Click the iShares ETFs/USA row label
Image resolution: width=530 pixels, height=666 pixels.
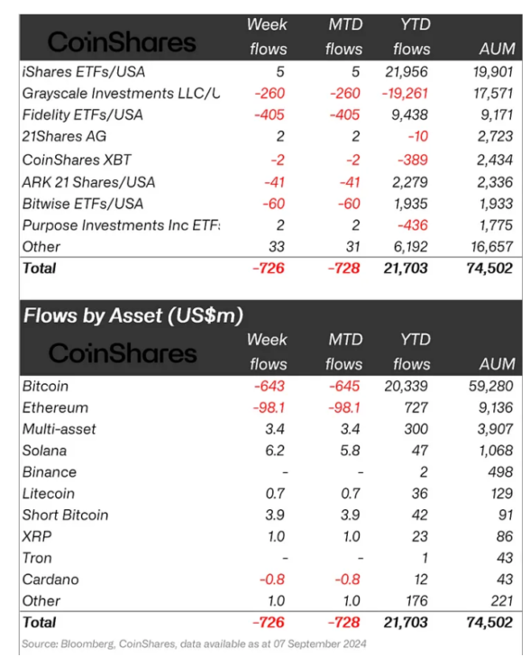coord(84,72)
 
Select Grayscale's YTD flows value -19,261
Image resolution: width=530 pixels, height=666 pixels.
coord(405,94)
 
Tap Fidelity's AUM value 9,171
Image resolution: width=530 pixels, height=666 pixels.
coord(495,115)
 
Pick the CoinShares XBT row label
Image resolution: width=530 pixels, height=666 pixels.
coord(77,160)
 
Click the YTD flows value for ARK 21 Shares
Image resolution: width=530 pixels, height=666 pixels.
coord(410,182)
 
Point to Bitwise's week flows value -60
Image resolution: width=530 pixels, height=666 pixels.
coord(274,204)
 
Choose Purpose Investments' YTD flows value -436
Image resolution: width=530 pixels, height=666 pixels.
coord(413,225)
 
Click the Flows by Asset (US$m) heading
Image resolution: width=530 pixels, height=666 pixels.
coord(133,315)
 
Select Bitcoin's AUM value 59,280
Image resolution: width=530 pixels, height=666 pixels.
coord(491,386)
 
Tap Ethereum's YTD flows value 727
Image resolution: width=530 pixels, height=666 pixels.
coord(416,407)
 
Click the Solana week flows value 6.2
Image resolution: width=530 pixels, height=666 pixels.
coord(275,451)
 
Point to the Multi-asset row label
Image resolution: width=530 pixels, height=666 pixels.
coord(59,429)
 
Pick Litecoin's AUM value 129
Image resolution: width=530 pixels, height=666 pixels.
coord(501,494)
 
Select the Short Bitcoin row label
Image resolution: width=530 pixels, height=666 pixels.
coord(66,515)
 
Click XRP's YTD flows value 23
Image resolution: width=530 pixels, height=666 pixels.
coord(420,536)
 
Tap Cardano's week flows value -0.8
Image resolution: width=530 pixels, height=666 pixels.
coord(272,579)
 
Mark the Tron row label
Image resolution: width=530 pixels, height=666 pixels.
coord(37,558)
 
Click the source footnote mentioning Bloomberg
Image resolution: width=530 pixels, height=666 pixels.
coord(194,643)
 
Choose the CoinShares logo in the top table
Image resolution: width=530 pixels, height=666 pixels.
coord(122,42)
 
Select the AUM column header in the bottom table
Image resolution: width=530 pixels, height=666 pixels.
coord(498,364)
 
